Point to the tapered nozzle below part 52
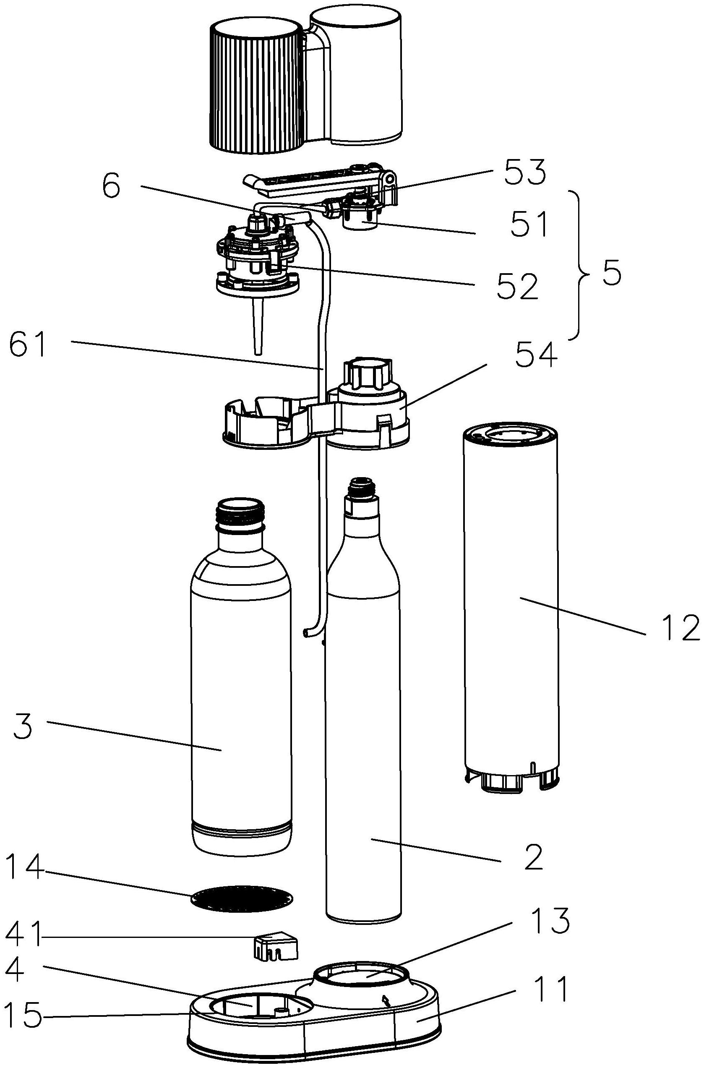pos(258,326)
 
